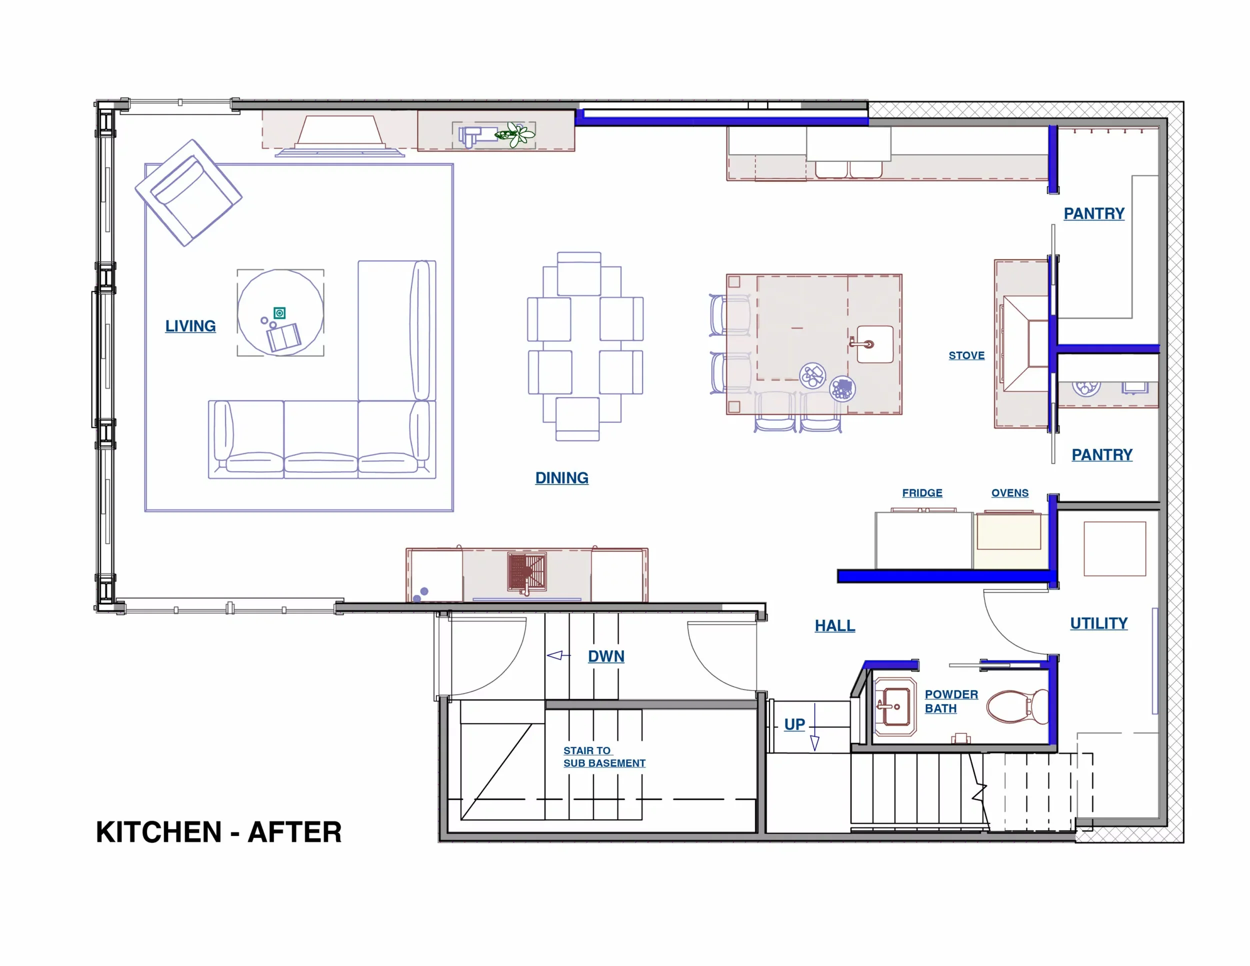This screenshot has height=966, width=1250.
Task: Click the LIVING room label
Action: [x=190, y=325]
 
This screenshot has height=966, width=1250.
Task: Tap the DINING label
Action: [x=561, y=477]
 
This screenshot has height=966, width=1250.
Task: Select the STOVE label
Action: [x=966, y=355]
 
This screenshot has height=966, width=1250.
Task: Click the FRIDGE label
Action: [x=921, y=492]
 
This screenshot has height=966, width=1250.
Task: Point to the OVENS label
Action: [x=1009, y=492]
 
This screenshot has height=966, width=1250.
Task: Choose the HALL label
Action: [x=834, y=625]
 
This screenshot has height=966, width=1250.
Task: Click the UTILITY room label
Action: [x=1098, y=622]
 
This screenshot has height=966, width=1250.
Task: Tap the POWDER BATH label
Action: [x=950, y=700]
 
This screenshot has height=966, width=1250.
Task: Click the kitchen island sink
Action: [x=874, y=344]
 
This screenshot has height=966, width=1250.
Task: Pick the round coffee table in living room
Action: [x=280, y=312]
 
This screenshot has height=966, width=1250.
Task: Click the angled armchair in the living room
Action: [x=188, y=193]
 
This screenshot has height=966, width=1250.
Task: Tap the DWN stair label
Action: [x=605, y=656]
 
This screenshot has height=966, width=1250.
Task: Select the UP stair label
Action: [x=794, y=724]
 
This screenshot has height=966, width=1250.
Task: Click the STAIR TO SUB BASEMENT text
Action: [x=604, y=756]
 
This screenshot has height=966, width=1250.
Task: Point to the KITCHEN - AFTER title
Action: [x=218, y=831]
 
